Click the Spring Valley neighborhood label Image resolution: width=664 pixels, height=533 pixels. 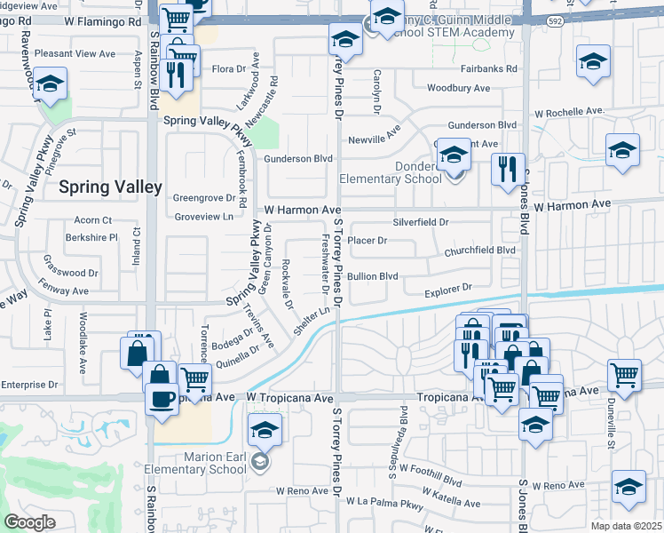(x=110, y=187)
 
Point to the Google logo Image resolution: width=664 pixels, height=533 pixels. (x=29, y=521)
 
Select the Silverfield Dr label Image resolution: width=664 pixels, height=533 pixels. (x=421, y=222)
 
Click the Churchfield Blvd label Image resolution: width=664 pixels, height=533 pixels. (x=480, y=251)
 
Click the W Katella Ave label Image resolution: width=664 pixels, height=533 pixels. (x=453, y=503)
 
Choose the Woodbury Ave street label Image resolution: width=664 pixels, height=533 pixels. (x=458, y=88)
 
